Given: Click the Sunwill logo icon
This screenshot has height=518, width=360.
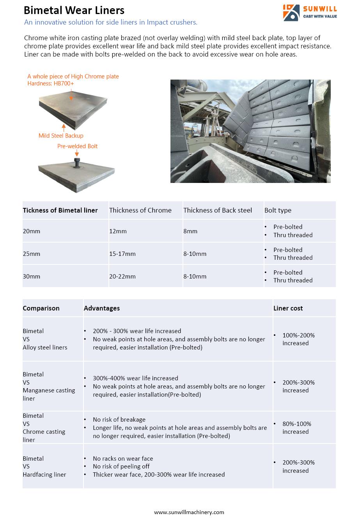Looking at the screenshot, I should click(291, 12).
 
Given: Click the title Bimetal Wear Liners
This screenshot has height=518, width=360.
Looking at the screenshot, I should click(74, 10).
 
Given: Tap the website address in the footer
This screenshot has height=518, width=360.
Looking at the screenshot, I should click(189, 512).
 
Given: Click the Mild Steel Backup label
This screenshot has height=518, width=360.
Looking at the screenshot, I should click(61, 136).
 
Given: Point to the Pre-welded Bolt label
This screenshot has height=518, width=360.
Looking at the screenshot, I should click(77, 146).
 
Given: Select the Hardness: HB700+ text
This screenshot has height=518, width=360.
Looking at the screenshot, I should click(50, 83).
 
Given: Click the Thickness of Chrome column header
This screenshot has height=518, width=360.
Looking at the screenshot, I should click(140, 210).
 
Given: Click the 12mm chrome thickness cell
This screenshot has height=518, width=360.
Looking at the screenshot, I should click(118, 231).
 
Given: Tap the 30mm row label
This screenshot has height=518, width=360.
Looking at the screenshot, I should click(31, 277).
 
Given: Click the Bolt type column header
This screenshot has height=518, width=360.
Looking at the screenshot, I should click(278, 210).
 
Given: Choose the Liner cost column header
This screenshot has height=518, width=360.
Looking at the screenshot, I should click(288, 308).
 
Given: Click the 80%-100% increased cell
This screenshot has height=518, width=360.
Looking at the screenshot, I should click(296, 428).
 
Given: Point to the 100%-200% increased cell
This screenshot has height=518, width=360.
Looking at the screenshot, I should click(298, 339).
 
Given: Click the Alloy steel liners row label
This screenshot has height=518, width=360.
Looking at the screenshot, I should click(45, 347).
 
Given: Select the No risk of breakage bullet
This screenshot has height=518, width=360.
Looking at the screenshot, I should click(119, 420).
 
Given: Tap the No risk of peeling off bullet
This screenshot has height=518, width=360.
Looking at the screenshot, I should click(121, 467).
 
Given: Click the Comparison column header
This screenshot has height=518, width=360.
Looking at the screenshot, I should click(41, 308).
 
